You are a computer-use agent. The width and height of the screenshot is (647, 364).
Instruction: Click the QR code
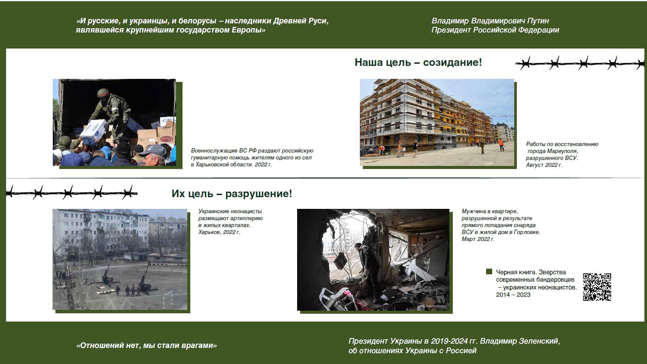[597, 287]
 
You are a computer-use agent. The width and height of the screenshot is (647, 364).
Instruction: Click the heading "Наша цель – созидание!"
[418, 62]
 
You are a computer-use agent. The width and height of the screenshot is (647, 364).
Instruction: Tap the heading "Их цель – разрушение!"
[232, 194]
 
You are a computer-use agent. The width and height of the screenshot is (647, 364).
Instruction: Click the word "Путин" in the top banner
[538, 21]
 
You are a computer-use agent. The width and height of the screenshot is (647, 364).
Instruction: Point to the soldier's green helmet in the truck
[103, 93]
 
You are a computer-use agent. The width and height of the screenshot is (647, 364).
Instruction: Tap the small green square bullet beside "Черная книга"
[489, 271]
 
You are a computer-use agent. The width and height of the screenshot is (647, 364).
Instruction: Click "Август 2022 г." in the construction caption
[544, 165]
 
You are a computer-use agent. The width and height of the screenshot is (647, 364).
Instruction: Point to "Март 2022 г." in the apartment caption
[478, 239]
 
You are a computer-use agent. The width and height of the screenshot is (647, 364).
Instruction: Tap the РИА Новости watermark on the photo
[434, 306]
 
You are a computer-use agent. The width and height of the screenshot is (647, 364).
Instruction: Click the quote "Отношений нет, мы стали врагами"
[147, 345]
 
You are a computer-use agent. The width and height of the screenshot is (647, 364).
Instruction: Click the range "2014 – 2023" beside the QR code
[513, 295]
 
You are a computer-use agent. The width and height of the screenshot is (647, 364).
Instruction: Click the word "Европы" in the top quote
[248, 30]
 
